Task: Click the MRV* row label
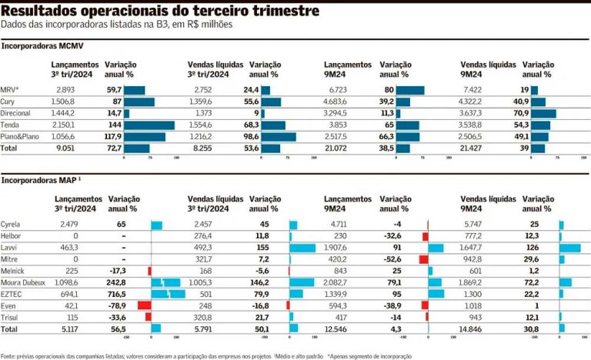pyautogui.click(x=11, y=90)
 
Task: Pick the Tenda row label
pyautogui.click(x=12, y=125)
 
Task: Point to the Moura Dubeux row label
pyautogui.click(x=25, y=282)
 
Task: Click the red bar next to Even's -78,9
pyautogui.click(x=144, y=305)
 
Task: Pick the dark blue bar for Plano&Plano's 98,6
pyautogui.click(x=279, y=137)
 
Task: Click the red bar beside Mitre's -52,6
pyautogui.click(x=423, y=259)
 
